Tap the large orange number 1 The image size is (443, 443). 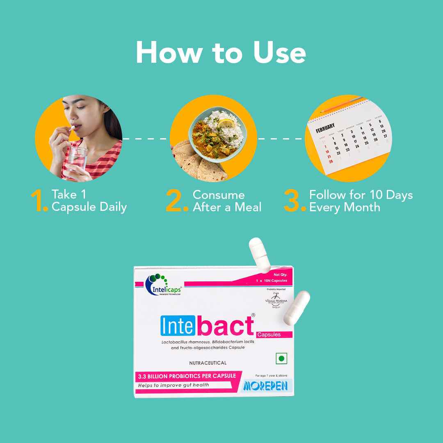pos(39,201)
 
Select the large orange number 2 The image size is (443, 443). pos(177,201)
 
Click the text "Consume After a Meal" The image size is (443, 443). pos(227,201)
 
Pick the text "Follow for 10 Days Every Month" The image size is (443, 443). pos(361,201)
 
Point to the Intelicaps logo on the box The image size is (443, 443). pos(163,285)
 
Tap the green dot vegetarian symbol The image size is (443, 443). pos(281,358)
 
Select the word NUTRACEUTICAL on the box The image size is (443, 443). pos(208,363)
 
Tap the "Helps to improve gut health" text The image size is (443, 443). pos(173,385)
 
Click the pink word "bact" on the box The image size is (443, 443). pos(225,327)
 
